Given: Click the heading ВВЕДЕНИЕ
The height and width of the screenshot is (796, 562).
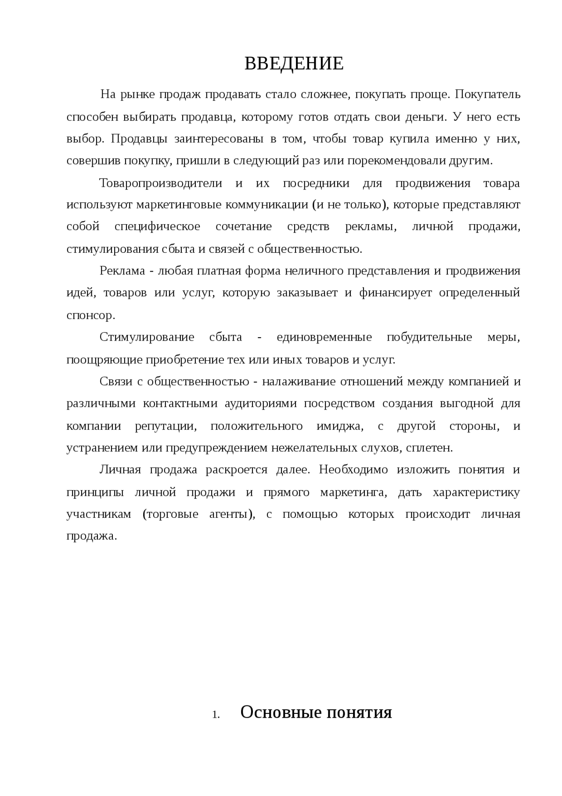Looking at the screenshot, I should coord(294,64).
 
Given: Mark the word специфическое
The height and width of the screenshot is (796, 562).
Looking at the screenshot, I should coord(157,227).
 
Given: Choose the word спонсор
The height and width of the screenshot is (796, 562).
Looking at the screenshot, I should coord(90,316).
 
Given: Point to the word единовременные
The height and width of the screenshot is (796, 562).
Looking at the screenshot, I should coord(324,338).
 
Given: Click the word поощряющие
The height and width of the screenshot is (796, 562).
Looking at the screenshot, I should coord(104,360).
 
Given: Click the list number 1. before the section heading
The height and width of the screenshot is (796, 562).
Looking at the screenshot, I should coord(216,715).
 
